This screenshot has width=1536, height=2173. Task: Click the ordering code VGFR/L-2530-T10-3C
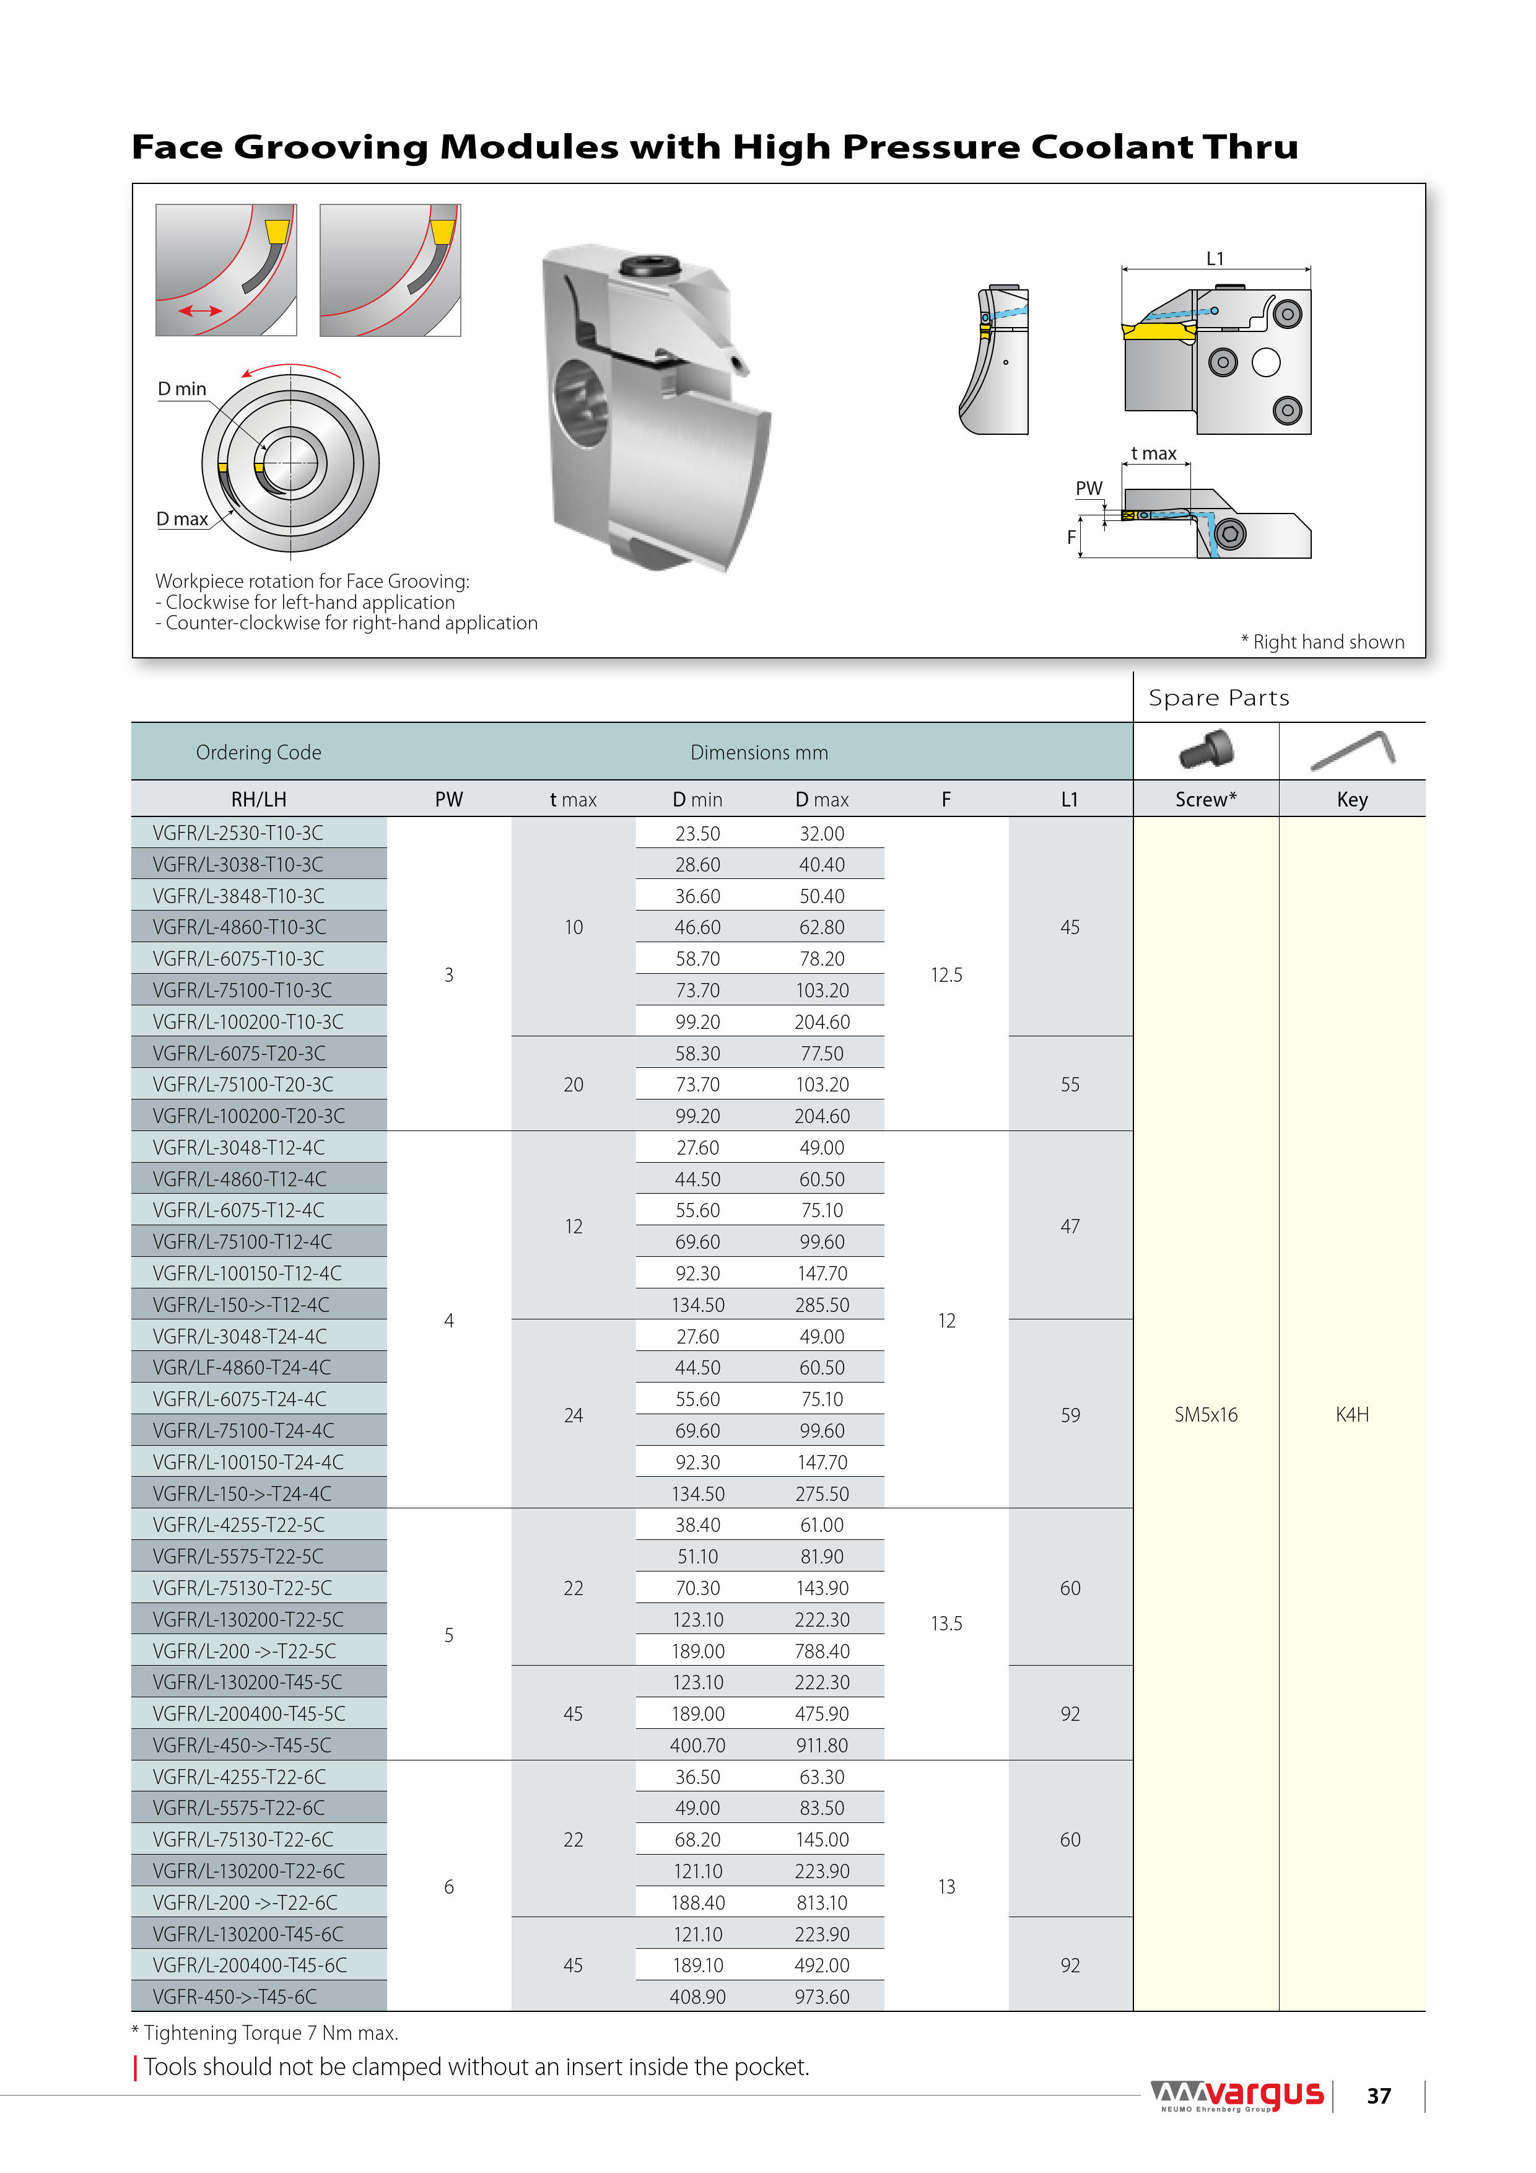click(238, 833)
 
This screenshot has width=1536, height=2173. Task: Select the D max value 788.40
click(821, 1651)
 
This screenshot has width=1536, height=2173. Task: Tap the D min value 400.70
click(697, 1745)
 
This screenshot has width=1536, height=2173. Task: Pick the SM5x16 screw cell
click(1206, 1414)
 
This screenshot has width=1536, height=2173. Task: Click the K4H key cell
click(1351, 1414)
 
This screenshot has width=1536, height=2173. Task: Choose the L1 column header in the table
click(1070, 800)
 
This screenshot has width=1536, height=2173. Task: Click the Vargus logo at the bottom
click(1238, 2096)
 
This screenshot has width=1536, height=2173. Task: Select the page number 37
click(1379, 2096)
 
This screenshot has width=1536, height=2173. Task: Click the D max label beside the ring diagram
click(181, 518)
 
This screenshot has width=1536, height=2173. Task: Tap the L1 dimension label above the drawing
click(1215, 258)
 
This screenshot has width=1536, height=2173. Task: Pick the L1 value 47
click(1070, 1226)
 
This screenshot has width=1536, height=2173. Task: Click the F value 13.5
click(946, 1623)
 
